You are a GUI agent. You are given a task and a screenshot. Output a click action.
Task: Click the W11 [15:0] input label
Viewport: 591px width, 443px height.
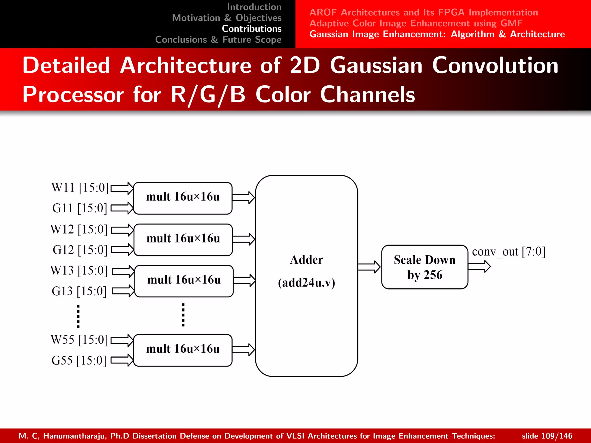[80, 188]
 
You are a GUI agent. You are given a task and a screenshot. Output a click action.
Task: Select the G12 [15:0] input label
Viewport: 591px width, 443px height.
[80, 250]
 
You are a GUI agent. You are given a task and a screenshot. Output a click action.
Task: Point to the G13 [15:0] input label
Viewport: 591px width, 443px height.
[79, 291]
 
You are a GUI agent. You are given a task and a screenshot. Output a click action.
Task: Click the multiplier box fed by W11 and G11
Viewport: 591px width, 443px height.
[183, 198]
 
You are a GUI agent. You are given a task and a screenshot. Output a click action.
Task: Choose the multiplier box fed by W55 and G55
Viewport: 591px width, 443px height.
[183, 350]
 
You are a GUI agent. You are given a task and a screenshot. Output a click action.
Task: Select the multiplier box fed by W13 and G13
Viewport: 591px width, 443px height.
[184, 281]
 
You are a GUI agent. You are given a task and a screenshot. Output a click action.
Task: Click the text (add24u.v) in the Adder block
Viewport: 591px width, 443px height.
[306, 283]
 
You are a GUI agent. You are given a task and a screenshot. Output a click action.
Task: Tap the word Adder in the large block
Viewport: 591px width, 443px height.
[306, 260]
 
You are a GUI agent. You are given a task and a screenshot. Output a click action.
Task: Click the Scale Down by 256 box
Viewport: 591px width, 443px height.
[424, 267]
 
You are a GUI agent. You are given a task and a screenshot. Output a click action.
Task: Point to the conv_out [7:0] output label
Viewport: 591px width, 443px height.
[508, 252]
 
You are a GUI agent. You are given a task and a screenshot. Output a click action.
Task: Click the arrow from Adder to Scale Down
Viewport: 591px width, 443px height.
[369, 267]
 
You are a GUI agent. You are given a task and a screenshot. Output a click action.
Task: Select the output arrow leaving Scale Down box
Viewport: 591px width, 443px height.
[479, 266]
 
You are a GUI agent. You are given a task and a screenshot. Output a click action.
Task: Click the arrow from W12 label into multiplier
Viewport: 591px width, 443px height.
[122, 230]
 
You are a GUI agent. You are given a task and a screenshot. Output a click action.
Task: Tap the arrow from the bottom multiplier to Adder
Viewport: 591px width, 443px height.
[243, 350]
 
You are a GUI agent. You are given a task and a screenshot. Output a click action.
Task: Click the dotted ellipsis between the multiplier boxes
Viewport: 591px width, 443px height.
[183, 315]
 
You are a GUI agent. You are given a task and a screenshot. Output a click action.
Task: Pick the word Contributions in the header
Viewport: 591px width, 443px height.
[251, 29]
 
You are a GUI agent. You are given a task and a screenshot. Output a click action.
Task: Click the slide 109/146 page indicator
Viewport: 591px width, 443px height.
[547, 436]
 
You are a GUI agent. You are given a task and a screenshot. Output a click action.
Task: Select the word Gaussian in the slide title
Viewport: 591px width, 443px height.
[376, 65]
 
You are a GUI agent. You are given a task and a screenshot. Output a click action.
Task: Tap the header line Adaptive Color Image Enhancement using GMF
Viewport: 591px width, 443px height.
[416, 23]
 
